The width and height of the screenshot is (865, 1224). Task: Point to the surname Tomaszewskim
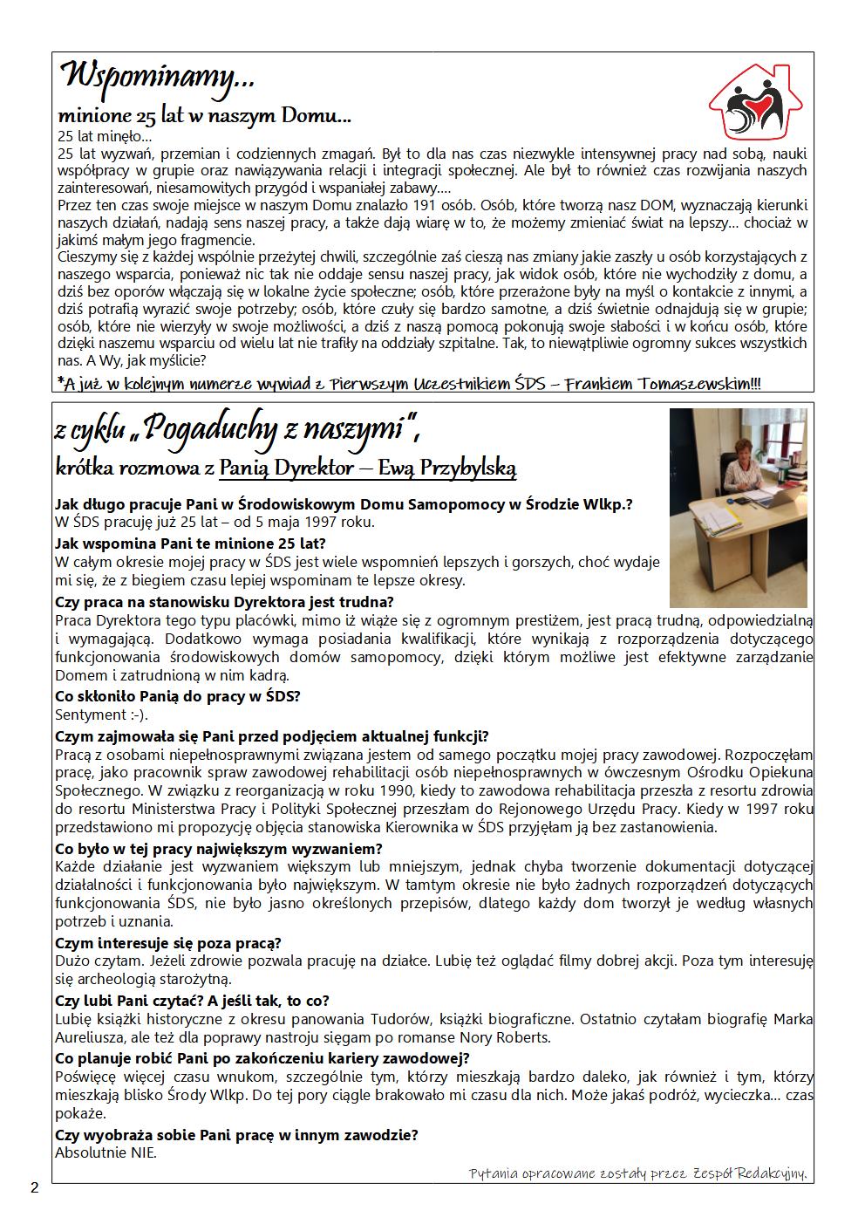pos(694,385)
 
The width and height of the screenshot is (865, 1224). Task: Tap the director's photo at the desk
pos(738,508)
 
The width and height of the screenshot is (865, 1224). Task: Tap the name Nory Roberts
pos(510,1037)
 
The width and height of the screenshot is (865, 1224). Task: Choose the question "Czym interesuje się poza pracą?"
pos(167,942)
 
